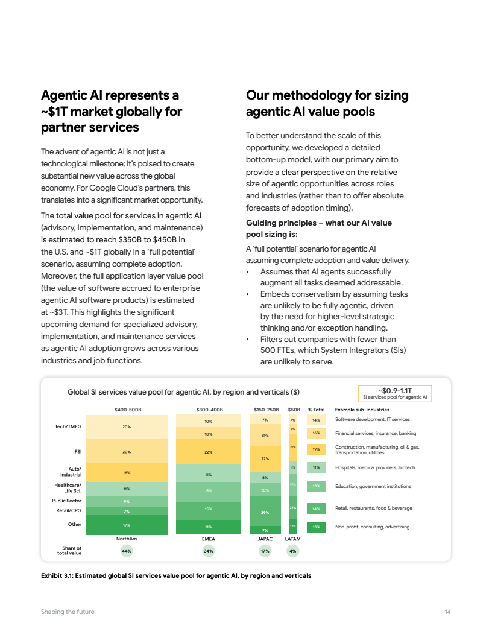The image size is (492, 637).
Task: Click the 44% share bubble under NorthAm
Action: (127, 551)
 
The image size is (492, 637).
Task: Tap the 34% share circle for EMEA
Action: (209, 551)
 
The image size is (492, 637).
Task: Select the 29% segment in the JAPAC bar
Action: (265, 512)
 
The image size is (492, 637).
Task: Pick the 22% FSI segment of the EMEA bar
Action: (209, 452)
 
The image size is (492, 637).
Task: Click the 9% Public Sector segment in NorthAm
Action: (127, 501)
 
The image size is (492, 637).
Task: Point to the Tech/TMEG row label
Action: (68, 426)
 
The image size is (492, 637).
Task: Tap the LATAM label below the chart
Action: (292, 539)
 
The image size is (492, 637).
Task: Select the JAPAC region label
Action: (265, 539)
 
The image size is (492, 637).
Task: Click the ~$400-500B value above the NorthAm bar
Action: (127, 410)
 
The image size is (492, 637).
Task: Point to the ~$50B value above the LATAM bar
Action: (292, 410)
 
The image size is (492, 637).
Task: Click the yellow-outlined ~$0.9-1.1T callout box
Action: (395, 394)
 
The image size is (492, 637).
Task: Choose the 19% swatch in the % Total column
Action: (316, 449)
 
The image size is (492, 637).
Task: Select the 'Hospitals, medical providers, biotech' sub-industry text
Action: (375, 467)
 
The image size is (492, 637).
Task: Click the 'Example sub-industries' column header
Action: (362, 410)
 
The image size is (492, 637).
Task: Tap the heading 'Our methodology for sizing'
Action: (327, 95)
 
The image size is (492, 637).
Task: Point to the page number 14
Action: (448, 612)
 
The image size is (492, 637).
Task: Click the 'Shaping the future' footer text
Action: (68, 612)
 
